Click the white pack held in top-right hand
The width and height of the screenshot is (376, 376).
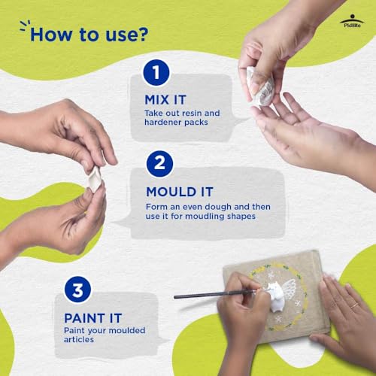pos(259,84)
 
